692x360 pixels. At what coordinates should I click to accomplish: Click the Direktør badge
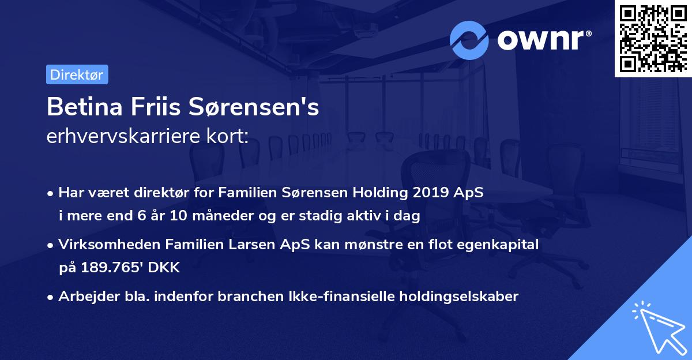(77, 74)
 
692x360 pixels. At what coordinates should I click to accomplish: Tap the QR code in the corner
(653, 38)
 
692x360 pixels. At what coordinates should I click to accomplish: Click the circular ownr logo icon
(469, 40)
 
